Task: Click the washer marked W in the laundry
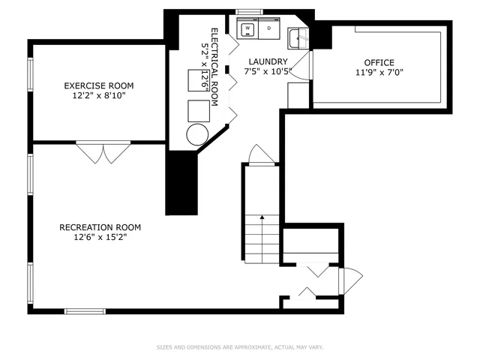[x=247, y=29]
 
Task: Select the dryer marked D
[x=268, y=29]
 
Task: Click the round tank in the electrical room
[x=198, y=135]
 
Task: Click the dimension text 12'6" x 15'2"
[x=100, y=238]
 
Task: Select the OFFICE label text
[x=379, y=62]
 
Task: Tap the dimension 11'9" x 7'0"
[x=379, y=73]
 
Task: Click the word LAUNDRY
[x=265, y=62]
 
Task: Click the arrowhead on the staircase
[x=262, y=217]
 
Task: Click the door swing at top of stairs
[x=259, y=154]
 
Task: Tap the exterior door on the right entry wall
[x=346, y=282]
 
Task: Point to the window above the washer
[x=247, y=12]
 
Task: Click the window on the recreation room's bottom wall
[x=85, y=310]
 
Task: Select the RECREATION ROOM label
[x=100, y=227]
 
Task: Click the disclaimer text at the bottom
[x=239, y=347]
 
